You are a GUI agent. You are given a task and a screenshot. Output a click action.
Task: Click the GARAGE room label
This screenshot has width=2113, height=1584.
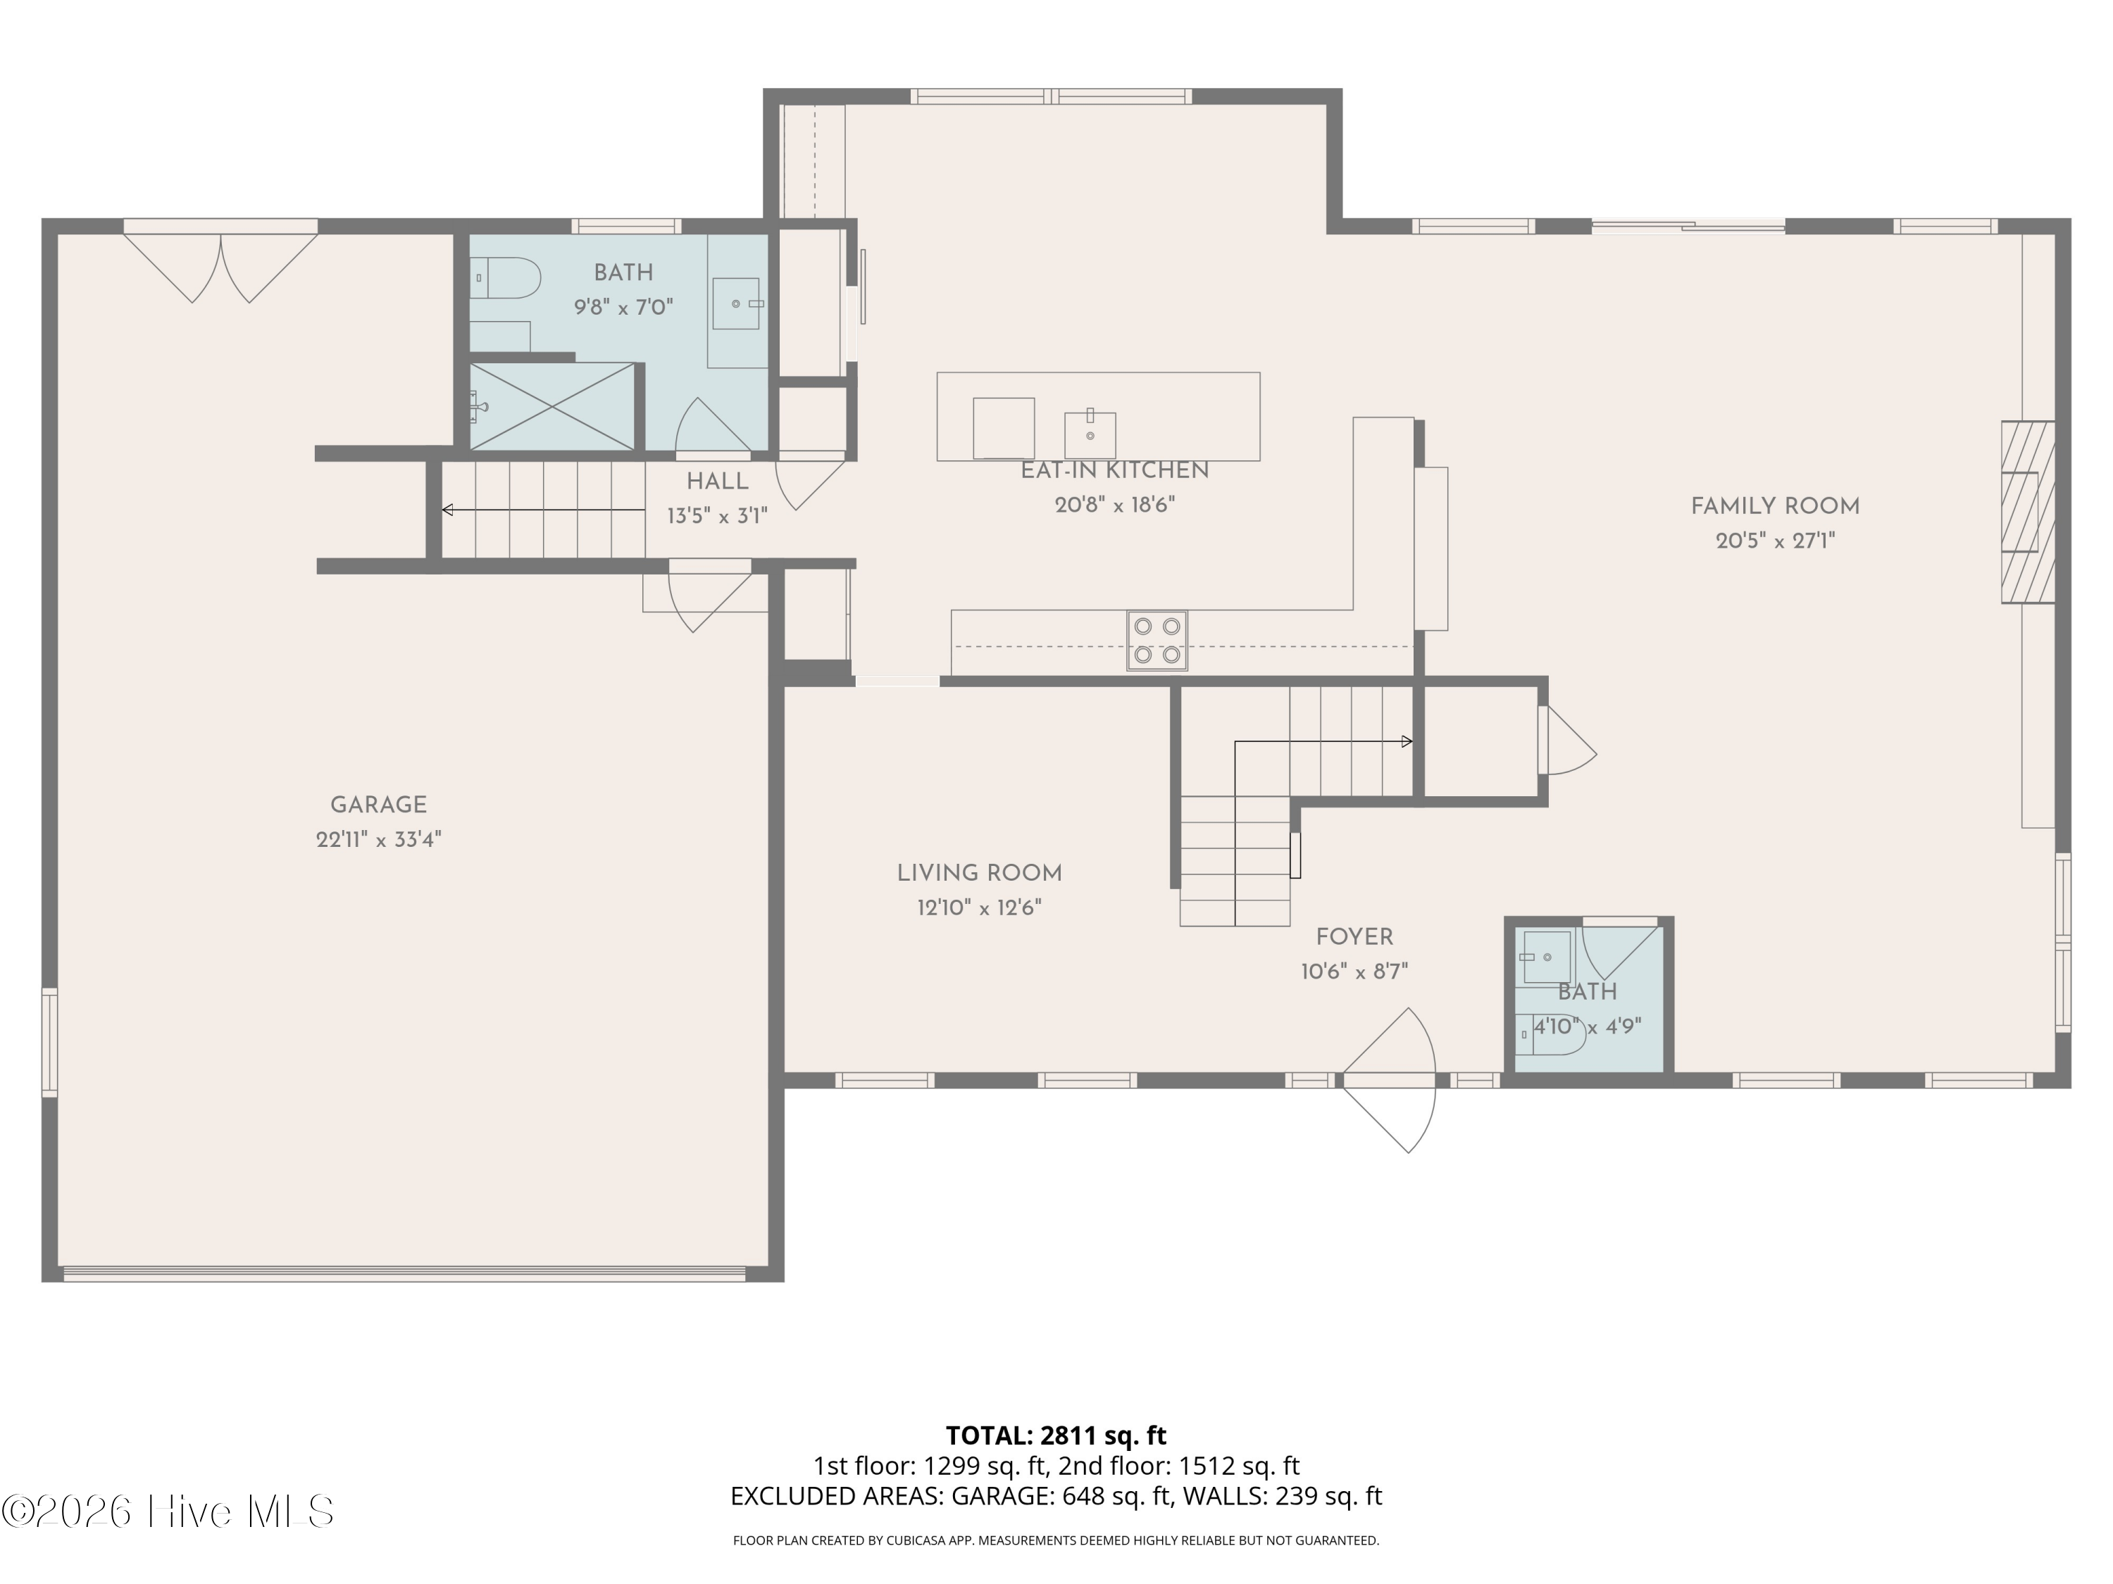[378, 805]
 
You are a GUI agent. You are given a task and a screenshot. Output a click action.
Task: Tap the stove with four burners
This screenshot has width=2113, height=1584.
[1157, 641]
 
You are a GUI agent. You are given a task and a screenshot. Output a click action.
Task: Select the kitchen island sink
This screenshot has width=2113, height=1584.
[1090, 434]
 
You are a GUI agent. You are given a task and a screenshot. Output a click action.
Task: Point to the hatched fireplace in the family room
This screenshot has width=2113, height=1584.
[2028, 512]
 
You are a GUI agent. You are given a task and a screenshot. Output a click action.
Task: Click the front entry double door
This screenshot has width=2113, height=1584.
[1390, 1080]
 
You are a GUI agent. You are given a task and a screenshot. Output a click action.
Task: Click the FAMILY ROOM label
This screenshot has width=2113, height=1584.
[1775, 506]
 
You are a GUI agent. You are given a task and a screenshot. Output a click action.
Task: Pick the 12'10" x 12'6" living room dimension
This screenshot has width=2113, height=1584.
[979, 907]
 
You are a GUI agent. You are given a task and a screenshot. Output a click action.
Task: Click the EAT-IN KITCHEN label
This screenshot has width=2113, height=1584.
[1115, 471]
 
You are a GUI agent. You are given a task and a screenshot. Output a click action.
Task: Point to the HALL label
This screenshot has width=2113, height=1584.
[718, 482]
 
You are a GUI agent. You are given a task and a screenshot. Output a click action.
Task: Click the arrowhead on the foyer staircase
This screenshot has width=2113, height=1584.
[1407, 741]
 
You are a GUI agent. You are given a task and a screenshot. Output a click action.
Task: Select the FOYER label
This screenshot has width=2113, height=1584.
[1354, 938]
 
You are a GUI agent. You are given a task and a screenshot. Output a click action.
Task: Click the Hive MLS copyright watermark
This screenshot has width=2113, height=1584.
[168, 1511]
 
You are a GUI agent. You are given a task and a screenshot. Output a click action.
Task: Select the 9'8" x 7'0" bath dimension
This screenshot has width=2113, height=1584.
[624, 308]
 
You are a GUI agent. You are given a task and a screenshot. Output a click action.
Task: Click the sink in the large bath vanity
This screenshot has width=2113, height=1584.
[737, 303]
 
